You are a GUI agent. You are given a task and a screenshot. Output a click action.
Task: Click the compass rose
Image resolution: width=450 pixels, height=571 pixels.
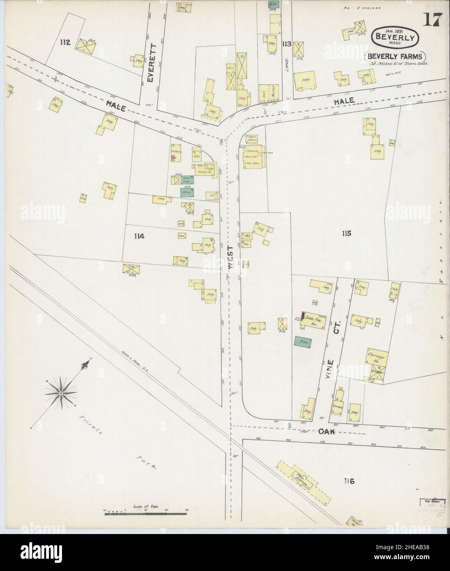pyautogui.click(x=61, y=393)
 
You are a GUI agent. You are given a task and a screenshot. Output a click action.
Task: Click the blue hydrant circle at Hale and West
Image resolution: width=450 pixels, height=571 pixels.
pyautogui.click(x=221, y=141)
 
